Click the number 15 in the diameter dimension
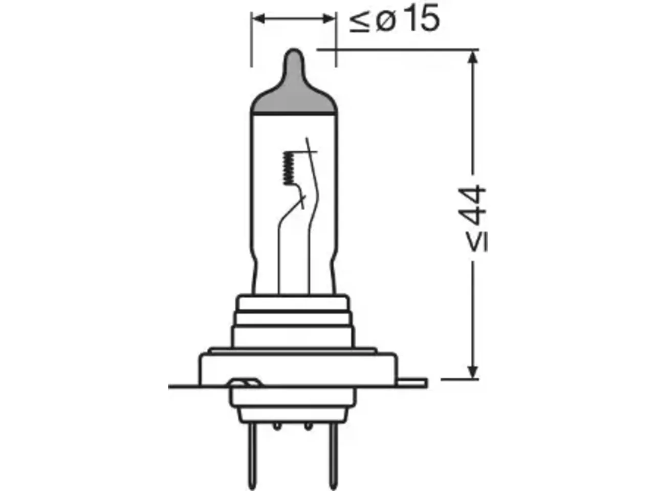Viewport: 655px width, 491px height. point(423,18)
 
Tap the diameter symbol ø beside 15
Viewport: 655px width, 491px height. point(385,21)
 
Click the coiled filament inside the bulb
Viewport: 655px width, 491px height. point(288,168)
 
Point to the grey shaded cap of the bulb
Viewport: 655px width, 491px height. point(294,90)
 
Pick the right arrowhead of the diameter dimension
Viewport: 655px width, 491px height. point(329,18)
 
